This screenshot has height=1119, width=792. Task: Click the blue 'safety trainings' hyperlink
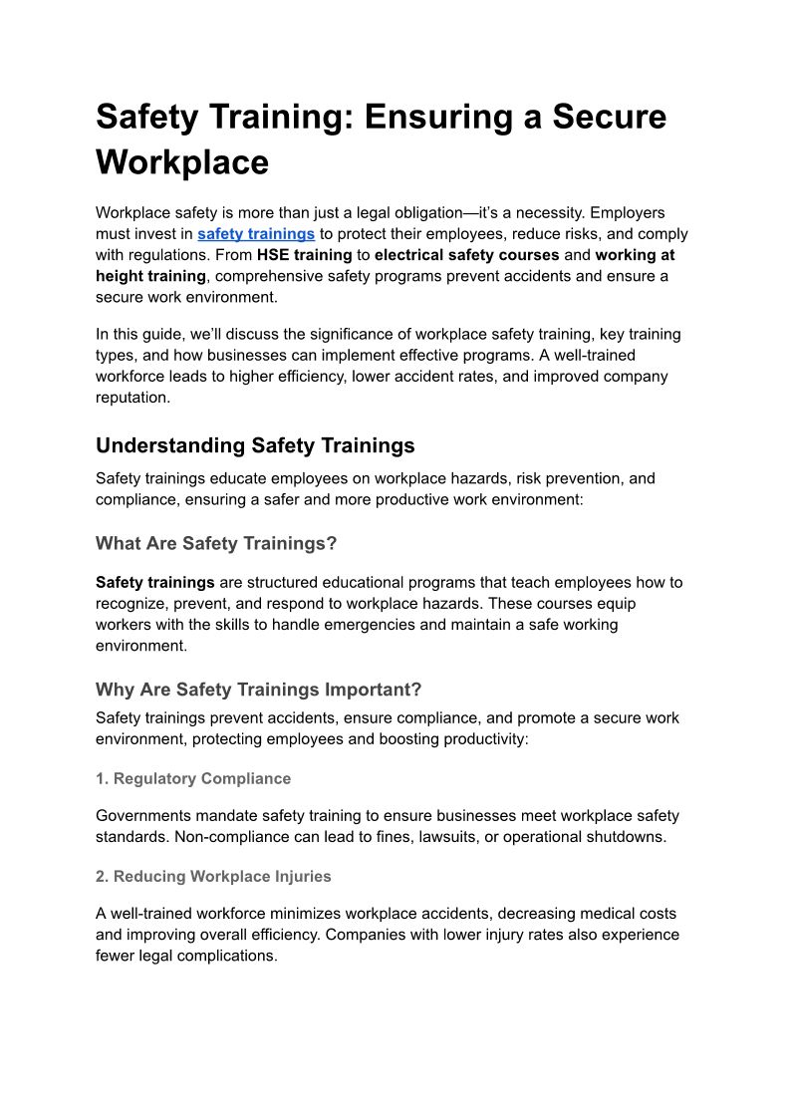(256, 234)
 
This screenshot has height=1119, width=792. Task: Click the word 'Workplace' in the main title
(182, 161)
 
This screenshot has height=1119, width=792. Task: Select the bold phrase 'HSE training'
(304, 255)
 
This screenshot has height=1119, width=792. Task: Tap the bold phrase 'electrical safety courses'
(466, 255)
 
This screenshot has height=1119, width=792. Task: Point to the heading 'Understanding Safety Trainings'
(255, 444)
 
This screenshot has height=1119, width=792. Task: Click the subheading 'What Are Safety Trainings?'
(216, 543)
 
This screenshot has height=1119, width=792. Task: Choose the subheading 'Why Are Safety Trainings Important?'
(259, 690)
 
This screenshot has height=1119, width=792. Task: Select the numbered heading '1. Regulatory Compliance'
(193, 778)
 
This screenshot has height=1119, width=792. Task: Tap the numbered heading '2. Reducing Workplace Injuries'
(213, 876)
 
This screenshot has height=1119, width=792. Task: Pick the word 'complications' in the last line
(227, 956)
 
